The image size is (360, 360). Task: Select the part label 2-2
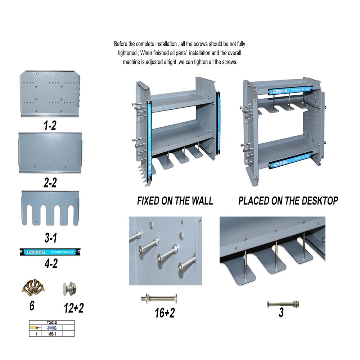(50, 183)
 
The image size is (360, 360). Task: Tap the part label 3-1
(50, 237)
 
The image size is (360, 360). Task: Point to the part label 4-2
(50, 264)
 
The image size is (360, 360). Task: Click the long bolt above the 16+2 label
(160, 298)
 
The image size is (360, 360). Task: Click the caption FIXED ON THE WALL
(175, 201)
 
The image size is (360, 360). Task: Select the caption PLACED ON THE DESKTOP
(288, 201)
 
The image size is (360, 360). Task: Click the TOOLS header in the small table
(52, 323)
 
